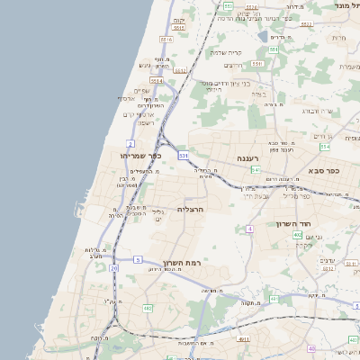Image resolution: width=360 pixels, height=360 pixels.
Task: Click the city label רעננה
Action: tap(247, 158)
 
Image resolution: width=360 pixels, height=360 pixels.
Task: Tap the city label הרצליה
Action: tap(191, 209)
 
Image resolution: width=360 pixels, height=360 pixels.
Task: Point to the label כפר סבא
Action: tap(322, 170)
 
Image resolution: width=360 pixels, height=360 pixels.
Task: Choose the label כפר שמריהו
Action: tap(140, 156)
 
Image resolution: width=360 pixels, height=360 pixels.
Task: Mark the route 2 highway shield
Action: tap(130, 143)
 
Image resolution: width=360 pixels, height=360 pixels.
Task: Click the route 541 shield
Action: tap(256, 169)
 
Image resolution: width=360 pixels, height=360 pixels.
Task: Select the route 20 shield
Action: tap(113, 268)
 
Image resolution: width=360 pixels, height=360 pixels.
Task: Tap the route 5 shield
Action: tap(138, 259)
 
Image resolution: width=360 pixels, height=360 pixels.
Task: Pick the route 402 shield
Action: tap(297, 235)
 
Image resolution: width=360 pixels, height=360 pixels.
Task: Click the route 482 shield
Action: tap(147, 308)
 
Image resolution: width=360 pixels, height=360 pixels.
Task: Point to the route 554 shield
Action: tap(324, 146)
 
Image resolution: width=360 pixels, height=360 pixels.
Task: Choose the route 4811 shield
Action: tap(244, 339)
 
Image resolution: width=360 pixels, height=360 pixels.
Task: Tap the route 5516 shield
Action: tap(166, 40)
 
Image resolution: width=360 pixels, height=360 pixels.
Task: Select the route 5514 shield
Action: tap(157, 81)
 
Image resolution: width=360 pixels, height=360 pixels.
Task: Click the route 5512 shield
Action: tap(181, 69)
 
